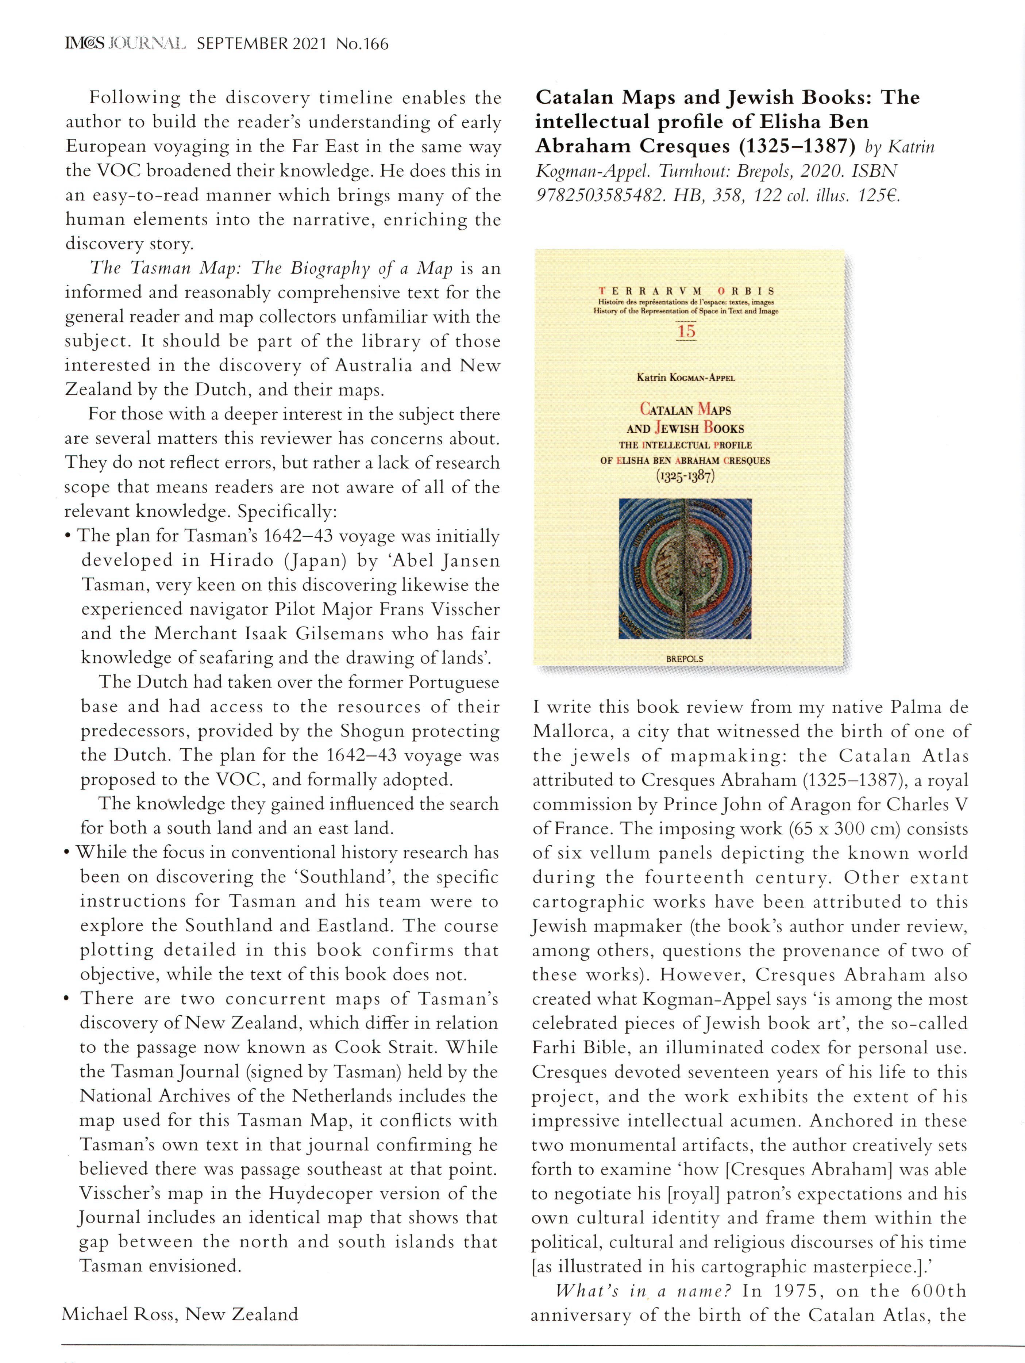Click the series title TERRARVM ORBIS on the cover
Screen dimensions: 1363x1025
point(686,291)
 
